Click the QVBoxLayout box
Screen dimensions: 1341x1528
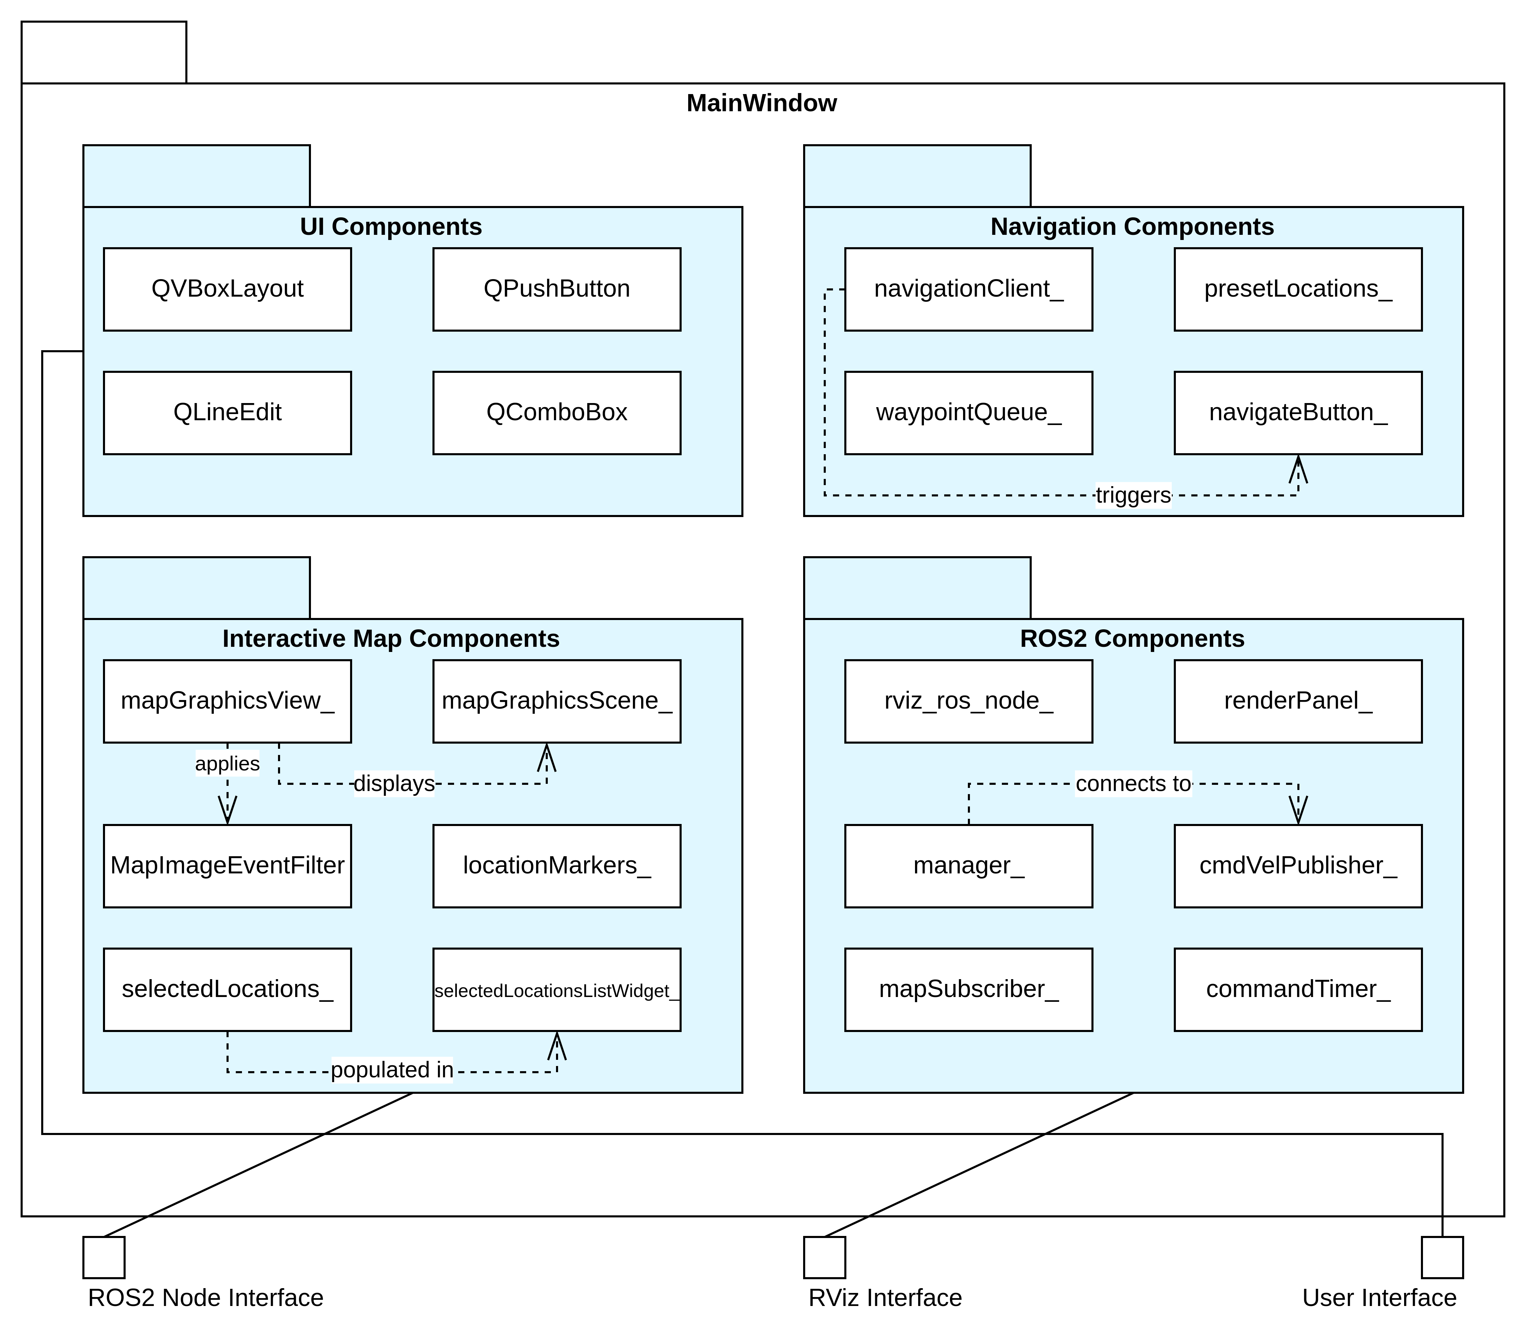coord(227,289)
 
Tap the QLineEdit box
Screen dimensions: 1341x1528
coord(227,413)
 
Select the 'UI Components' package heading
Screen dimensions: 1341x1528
coord(391,227)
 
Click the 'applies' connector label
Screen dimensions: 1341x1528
coord(227,764)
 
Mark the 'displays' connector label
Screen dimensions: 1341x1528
coord(394,784)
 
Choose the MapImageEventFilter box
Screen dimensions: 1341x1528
coord(227,866)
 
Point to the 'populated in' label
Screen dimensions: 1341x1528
coord(392,1070)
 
